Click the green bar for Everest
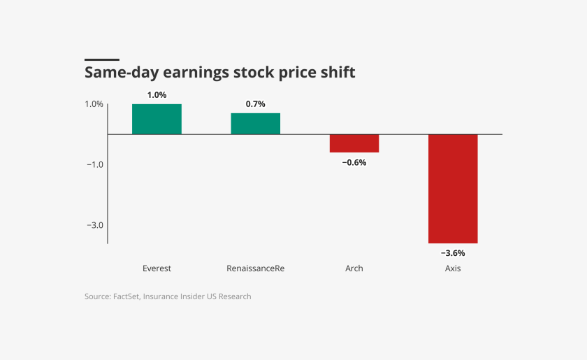(x=157, y=119)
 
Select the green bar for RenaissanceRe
(x=255, y=124)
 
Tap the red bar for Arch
(x=354, y=143)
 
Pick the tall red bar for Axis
(x=453, y=189)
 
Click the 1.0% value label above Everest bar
(x=157, y=95)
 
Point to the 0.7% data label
(x=255, y=104)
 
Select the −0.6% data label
(x=354, y=162)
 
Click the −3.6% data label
(x=452, y=253)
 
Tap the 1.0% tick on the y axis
(x=94, y=104)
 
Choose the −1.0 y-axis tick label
(x=95, y=165)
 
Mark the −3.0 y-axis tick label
(x=95, y=226)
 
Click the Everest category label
(x=157, y=268)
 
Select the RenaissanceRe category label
(x=255, y=268)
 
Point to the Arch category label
(x=354, y=268)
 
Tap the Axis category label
(x=453, y=268)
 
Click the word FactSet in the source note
(x=126, y=296)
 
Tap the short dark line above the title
(x=101, y=60)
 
